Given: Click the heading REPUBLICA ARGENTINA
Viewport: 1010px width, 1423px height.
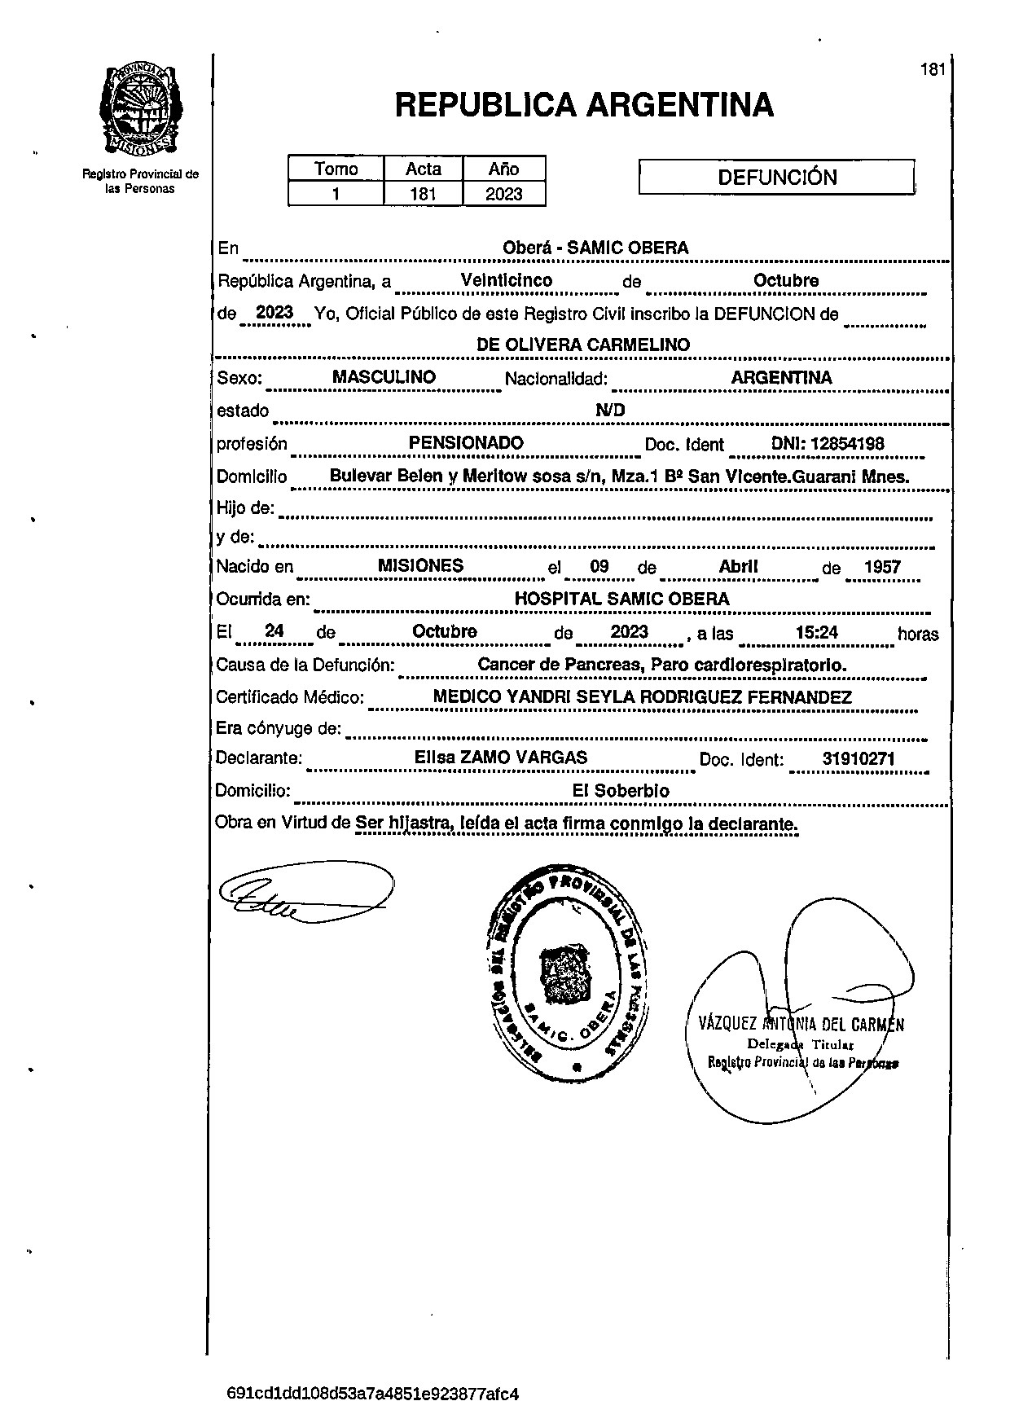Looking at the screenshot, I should (584, 106).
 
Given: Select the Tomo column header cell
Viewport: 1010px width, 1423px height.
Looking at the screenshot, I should (336, 169).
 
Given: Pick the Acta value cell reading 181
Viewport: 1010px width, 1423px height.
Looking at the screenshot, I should (424, 194).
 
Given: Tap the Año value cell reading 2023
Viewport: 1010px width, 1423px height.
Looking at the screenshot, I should (503, 194).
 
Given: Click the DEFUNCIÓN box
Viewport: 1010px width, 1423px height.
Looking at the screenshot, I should (776, 178).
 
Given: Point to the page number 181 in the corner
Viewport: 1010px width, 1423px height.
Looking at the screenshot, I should (933, 69).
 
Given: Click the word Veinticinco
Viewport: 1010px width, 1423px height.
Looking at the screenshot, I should (507, 280).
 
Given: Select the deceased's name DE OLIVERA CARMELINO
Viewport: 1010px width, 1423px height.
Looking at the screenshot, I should (583, 345).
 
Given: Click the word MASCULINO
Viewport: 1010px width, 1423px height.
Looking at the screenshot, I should (384, 377).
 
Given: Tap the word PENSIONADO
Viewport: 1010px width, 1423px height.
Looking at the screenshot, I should (466, 443).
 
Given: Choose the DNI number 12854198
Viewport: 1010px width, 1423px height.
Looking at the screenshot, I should (828, 444).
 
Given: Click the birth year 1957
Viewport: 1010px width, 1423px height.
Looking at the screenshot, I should (882, 567).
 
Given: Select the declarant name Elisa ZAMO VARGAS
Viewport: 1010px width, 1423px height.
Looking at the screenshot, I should (501, 758).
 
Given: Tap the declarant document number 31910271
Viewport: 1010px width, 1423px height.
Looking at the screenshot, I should (858, 759).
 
